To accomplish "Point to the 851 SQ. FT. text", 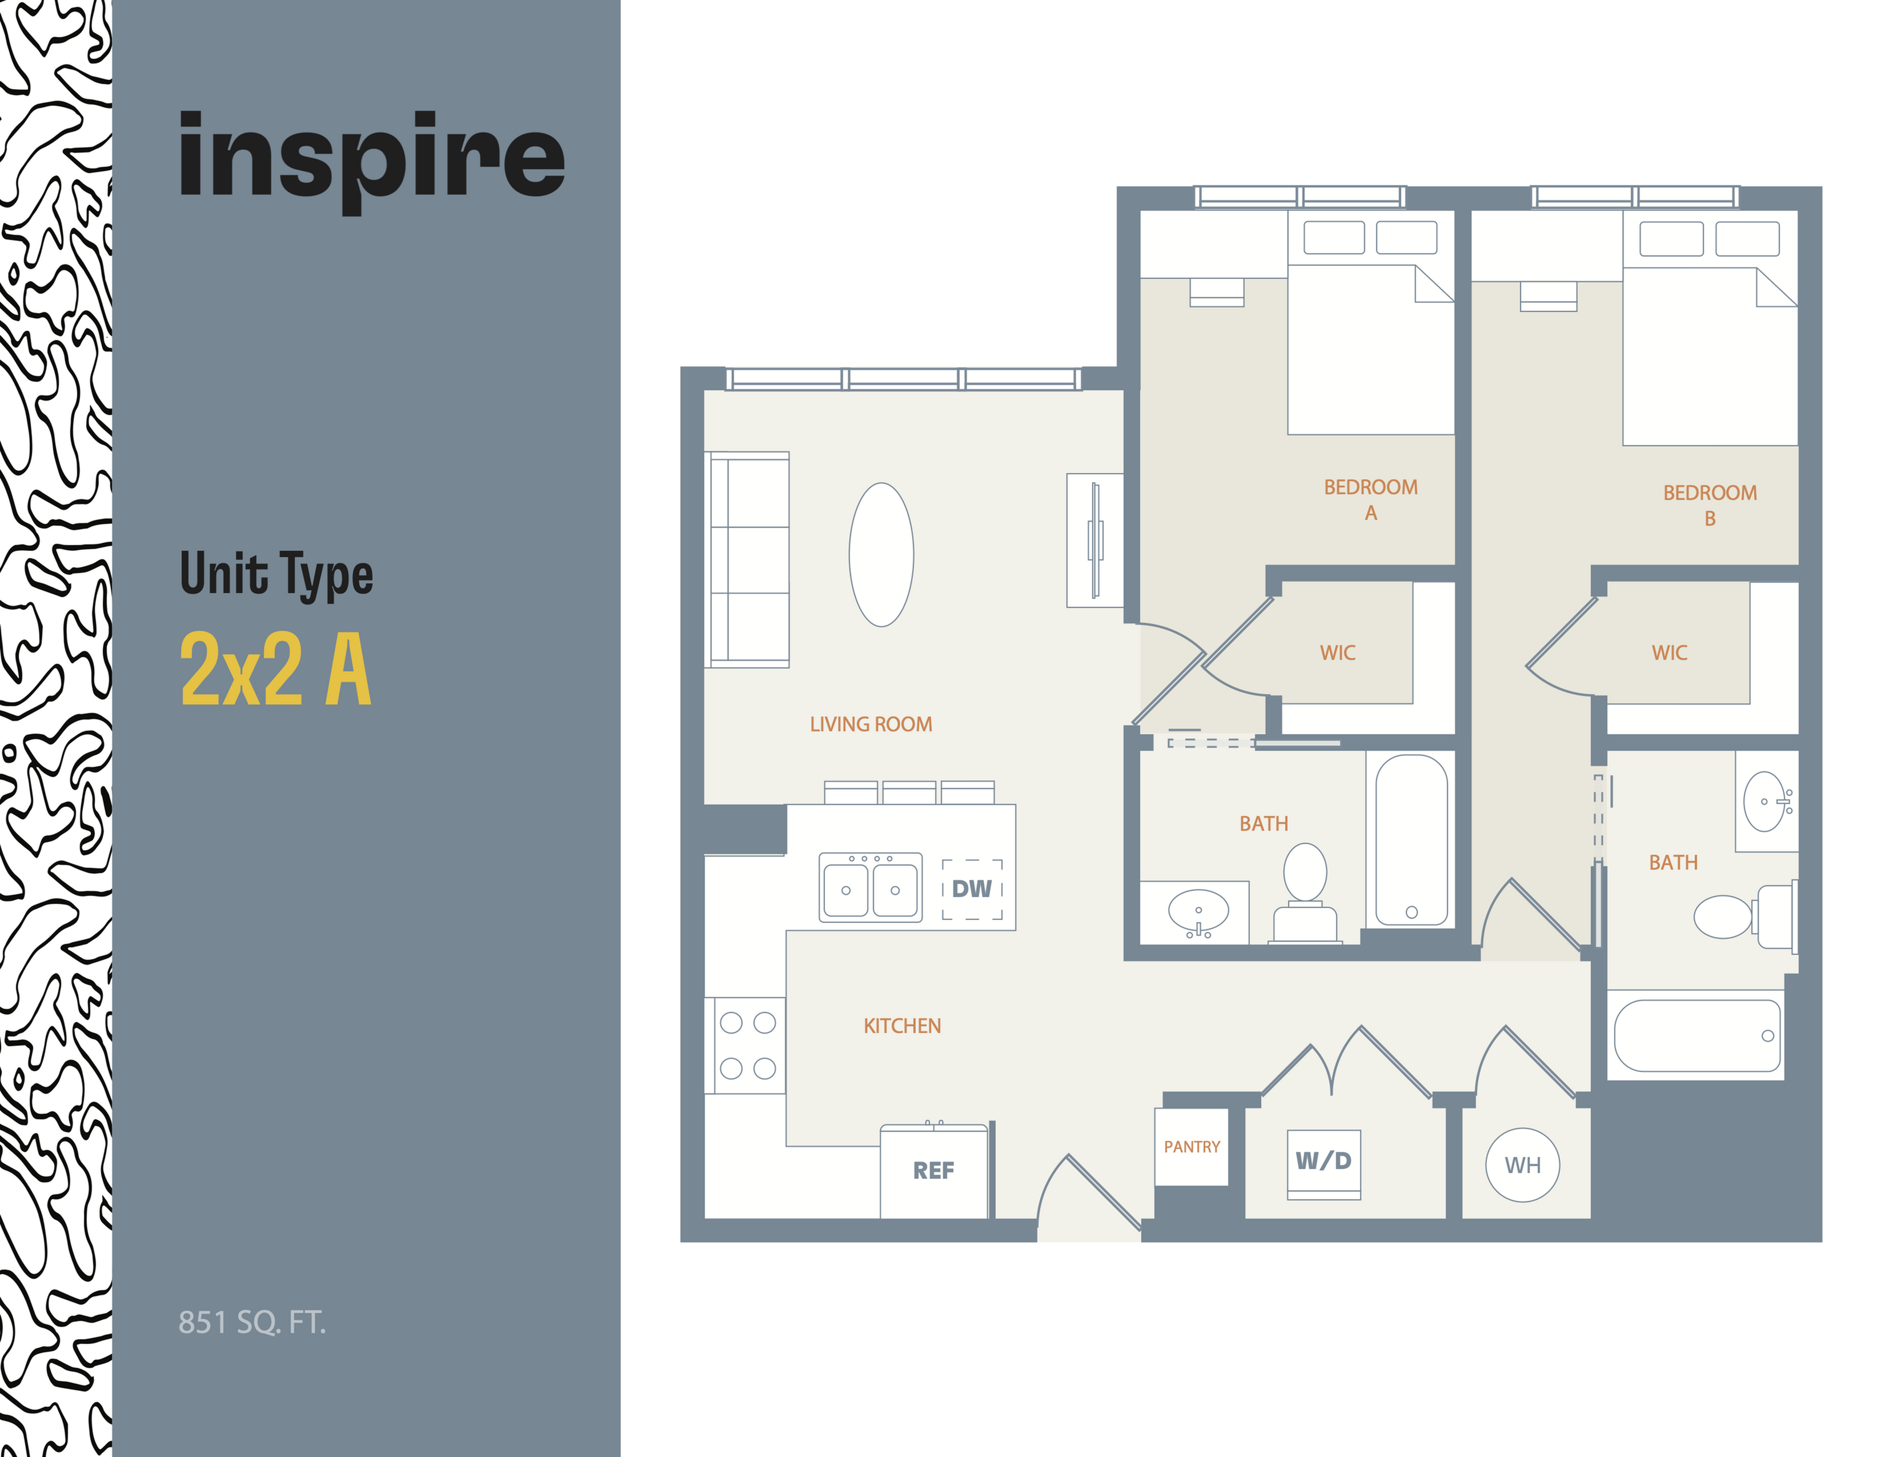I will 252,1322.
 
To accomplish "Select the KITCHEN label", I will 902,1026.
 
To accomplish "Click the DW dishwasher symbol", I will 972,889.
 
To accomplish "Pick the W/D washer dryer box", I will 1323,1161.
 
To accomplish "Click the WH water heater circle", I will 1522,1165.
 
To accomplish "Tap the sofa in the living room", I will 748,559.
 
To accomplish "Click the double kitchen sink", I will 870,888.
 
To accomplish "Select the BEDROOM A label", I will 1370,499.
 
